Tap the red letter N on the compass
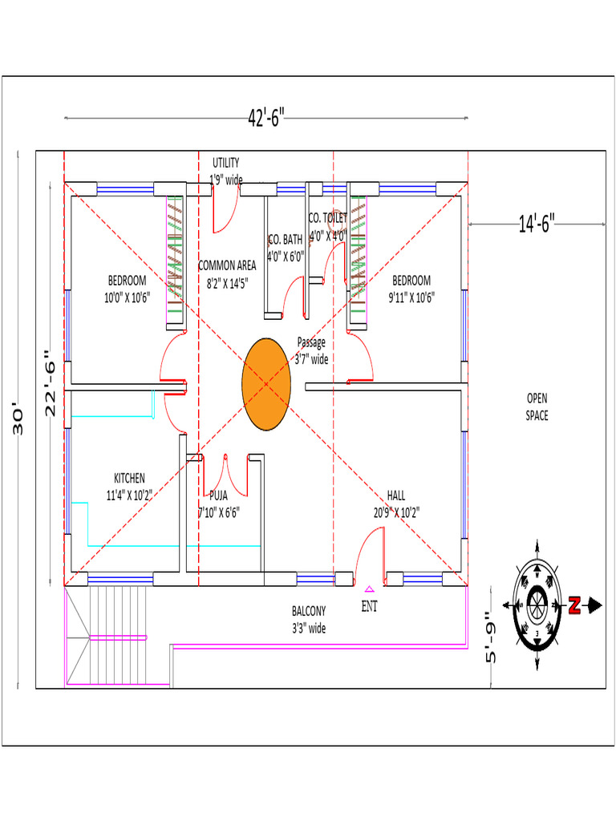pyautogui.click(x=574, y=606)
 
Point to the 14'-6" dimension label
pyautogui.click(x=537, y=224)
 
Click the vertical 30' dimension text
pyautogui.click(x=21, y=418)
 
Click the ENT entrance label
pyautogui.click(x=369, y=607)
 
